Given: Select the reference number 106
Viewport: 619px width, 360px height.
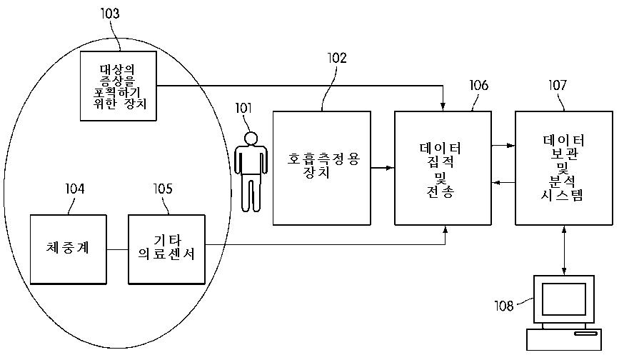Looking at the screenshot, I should point(478,86).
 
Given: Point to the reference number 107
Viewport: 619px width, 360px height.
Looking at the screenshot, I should point(558,86).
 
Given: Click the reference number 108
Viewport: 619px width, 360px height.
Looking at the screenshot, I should point(503,306).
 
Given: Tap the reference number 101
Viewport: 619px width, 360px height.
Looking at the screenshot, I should point(244,109).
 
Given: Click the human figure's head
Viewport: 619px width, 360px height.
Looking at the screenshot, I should point(250,137).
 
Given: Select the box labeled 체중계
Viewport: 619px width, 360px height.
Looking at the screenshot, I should point(69,249).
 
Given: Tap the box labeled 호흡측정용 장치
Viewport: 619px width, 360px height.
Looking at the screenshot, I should point(322,168).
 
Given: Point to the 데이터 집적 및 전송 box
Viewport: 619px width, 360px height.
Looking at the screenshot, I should point(443,168).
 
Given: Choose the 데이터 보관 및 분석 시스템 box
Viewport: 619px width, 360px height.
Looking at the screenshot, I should point(563,168).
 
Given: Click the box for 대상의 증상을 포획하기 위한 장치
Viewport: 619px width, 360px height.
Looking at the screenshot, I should point(117,86).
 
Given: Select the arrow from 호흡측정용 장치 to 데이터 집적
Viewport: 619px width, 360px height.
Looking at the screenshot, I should point(383,169).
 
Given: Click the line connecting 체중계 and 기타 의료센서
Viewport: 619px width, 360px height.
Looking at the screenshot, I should point(118,249).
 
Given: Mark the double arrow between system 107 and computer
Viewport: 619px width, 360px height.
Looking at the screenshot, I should point(564,250).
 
